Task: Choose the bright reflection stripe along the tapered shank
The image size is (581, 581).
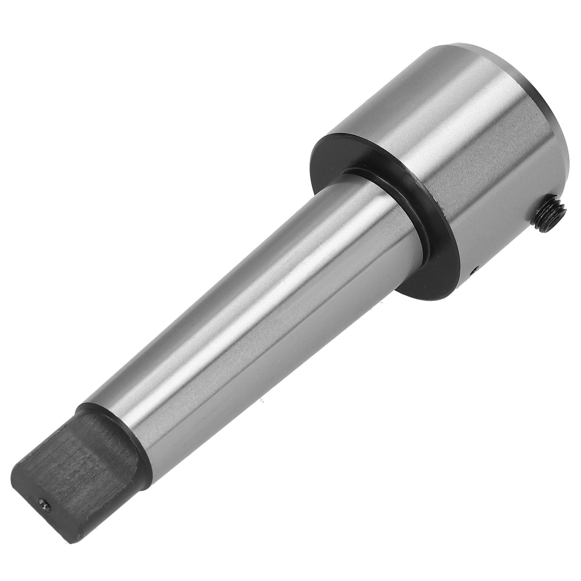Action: click(225, 319)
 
